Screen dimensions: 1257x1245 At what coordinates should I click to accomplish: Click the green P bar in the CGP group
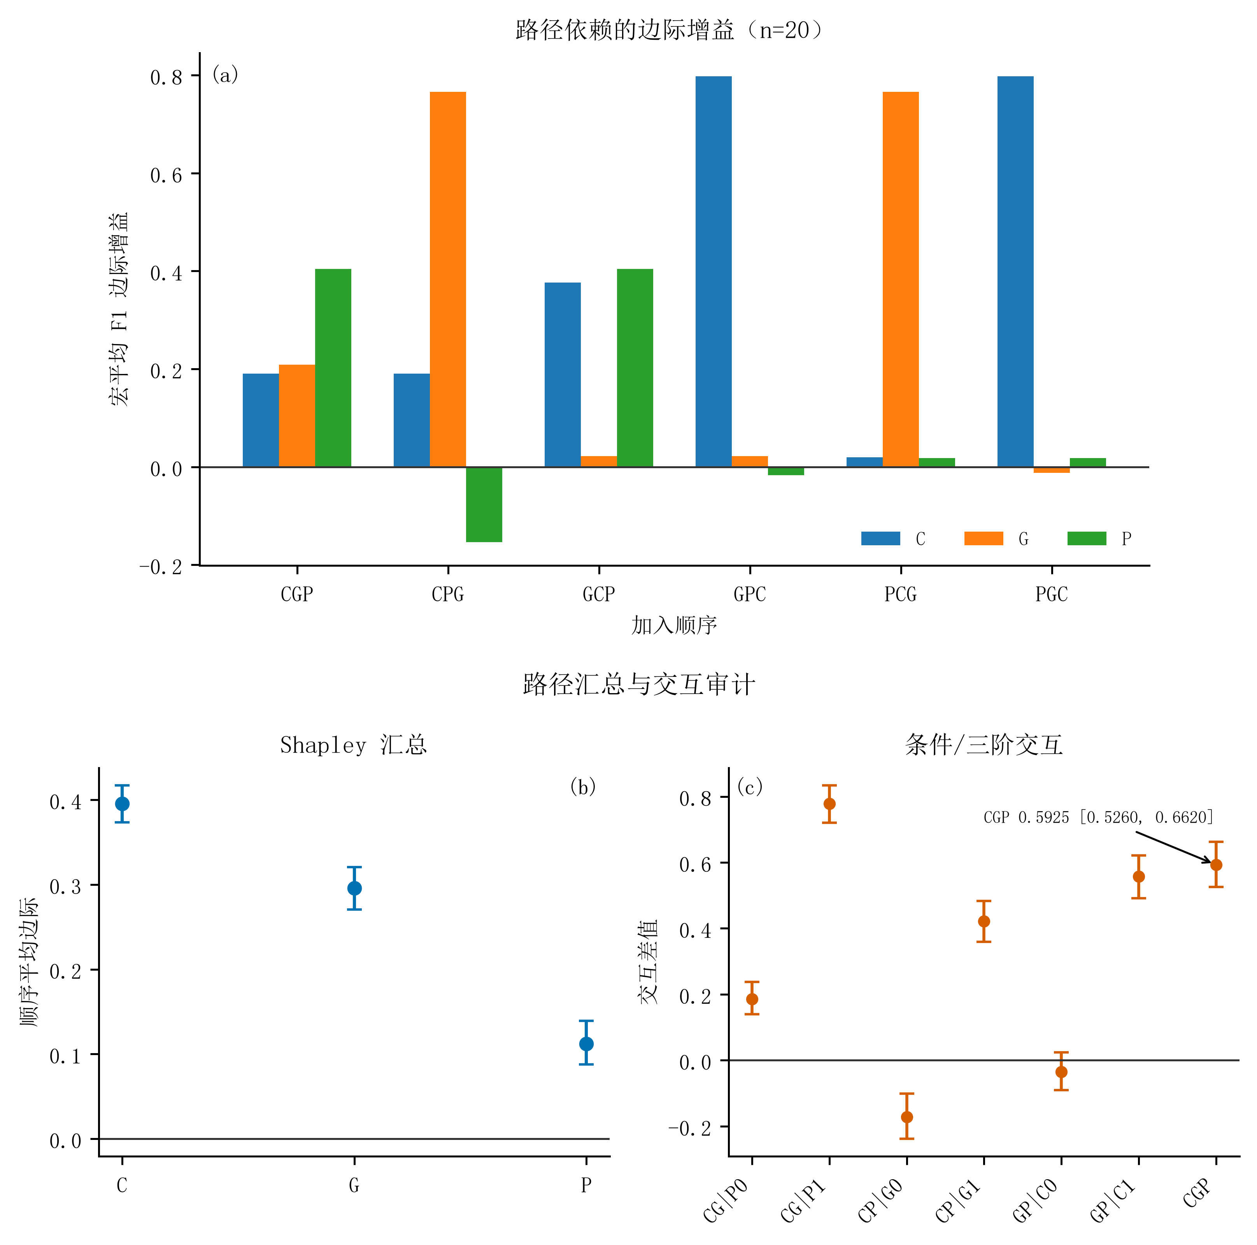(x=333, y=368)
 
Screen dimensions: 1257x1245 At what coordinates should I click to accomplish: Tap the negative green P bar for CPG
(x=484, y=504)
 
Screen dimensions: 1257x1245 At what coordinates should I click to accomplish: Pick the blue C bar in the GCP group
(x=563, y=375)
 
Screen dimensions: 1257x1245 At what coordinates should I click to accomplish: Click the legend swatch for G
(x=984, y=538)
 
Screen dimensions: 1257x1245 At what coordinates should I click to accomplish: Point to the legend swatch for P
(x=1087, y=538)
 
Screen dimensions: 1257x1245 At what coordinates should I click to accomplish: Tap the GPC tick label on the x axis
(x=750, y=594)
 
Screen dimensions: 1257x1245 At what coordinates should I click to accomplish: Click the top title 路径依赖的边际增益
(x=624, y=30)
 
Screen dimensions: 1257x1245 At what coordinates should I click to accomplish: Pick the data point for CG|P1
(x=829, y=804)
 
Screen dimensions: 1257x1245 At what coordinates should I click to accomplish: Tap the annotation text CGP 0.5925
(x=1026, y=817)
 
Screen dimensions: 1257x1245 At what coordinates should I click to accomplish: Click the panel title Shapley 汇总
(x=353, y=745)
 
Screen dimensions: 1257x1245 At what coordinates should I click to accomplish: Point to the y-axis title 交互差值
(x=649, y=962)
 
